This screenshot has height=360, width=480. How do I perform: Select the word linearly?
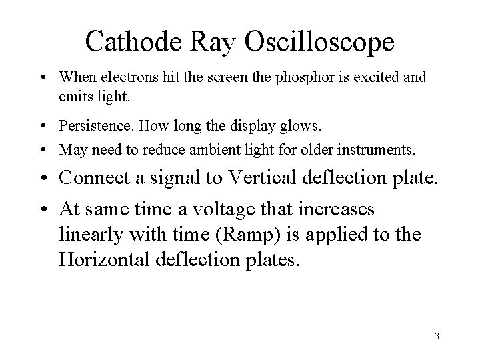tap(87, 235)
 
